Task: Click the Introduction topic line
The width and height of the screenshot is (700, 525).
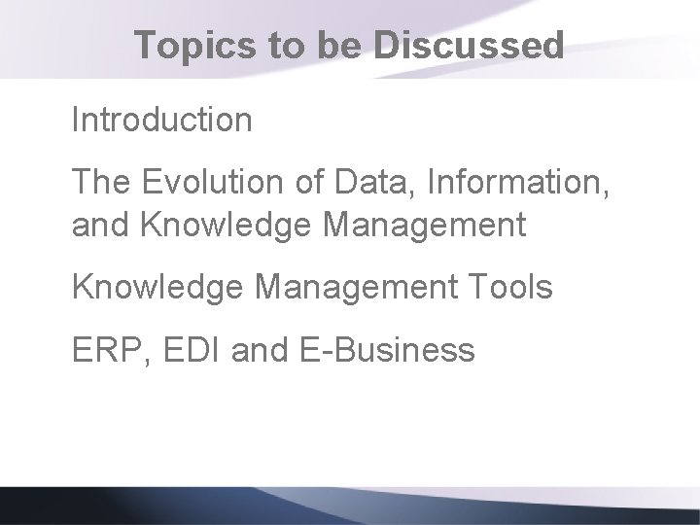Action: [x=162, y=121]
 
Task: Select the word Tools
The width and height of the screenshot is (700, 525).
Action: [x=516, y=289]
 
